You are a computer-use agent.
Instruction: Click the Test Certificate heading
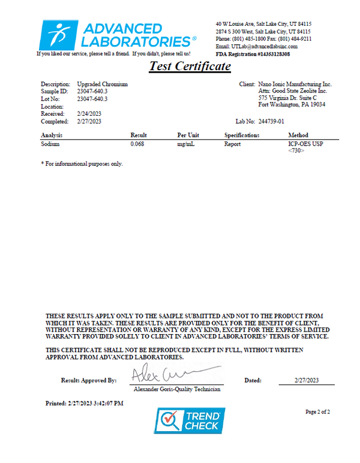click(189, 66)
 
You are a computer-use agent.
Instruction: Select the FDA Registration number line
click(253, 53)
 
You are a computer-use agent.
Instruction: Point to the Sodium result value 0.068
click(137, 144)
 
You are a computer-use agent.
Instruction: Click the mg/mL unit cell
click(185, 144)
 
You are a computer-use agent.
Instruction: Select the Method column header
click(298, 136)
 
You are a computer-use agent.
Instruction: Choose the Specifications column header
click(242, 136)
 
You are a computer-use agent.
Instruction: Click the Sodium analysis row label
click(50, 144)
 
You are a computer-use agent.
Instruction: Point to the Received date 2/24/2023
click(89, 113)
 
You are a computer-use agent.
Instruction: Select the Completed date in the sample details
click(89, 121)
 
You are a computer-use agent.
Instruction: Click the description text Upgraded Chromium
click(103, 85)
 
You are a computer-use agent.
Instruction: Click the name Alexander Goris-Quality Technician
click(177, 389)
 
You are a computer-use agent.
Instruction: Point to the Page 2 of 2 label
click(318, 412)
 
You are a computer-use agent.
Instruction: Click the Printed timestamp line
click(85, 403)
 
